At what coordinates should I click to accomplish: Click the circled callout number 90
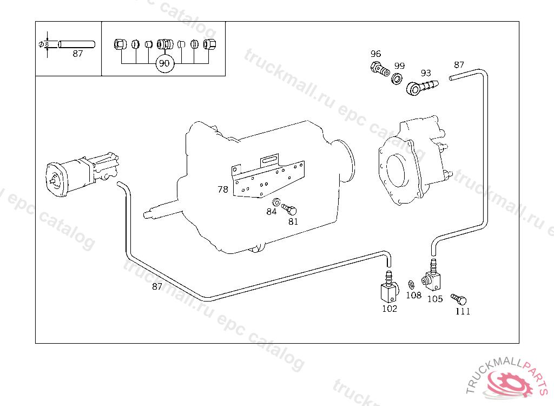(164, 63)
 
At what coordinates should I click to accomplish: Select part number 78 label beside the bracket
(223, 189)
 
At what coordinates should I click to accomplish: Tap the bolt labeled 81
(291, 209)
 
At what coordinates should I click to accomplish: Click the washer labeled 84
(276, 202)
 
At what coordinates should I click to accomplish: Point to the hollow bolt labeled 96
(380, 69)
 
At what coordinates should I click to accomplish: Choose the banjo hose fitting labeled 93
(421, 86)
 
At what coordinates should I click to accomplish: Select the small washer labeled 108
(411, 285)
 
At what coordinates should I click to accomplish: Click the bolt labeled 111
(460, 299)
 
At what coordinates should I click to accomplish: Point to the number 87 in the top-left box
(78, 54)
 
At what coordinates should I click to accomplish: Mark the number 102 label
(390, 309)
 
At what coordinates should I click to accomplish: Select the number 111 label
(463, 311)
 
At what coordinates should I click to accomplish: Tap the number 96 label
(375, 54)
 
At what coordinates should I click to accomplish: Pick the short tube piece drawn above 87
(77, 43)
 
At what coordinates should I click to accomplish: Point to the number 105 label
(435, 298)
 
